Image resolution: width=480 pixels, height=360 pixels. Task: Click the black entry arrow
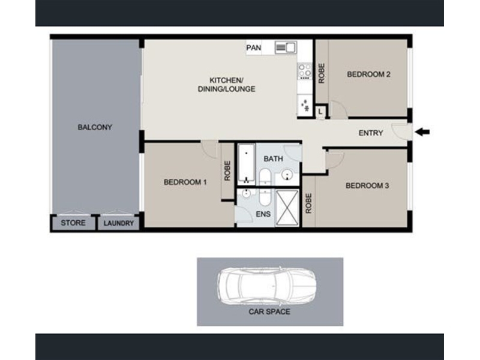tap(422, 132)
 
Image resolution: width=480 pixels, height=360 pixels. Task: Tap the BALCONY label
tap(95, 127)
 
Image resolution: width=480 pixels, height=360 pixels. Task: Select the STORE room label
tap(73, 223)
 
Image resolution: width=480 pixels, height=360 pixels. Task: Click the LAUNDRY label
tap(118, 223)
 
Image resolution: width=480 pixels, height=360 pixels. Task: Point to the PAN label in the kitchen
tap(254, 48)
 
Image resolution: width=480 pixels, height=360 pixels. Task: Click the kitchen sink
tap(286, 47)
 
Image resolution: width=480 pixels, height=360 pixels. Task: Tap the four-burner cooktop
tap(305, 71)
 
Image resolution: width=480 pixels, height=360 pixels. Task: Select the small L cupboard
tap(320, 112)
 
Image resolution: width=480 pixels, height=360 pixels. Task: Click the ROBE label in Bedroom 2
tap(322, 73)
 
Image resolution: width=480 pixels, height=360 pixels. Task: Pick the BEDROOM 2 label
tap(368, 74)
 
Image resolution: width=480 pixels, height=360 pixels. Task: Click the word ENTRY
tap(371, 133)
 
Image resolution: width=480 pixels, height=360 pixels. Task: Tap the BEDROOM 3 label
tap(367, 186)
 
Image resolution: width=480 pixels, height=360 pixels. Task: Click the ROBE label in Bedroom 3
tap(308, 203)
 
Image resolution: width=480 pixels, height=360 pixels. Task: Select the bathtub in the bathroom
tap(246, 164)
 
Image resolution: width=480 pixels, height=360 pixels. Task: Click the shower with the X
tap(287, 208)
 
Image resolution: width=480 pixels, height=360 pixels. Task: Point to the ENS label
tap(263, 214)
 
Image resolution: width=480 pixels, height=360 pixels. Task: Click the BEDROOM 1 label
tap(185, 182)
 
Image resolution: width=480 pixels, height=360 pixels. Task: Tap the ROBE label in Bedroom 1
tap(227, 171)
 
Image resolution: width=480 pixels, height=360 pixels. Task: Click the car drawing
tap(266, 286)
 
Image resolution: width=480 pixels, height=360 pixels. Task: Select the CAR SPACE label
tap(269, 312)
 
